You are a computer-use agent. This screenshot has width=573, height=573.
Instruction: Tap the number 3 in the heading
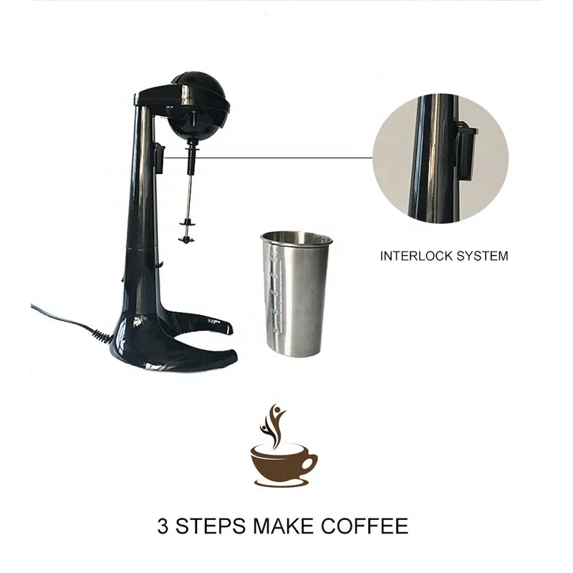click(163, 526)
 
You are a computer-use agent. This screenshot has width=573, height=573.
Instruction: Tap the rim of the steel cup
click(294, 237)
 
